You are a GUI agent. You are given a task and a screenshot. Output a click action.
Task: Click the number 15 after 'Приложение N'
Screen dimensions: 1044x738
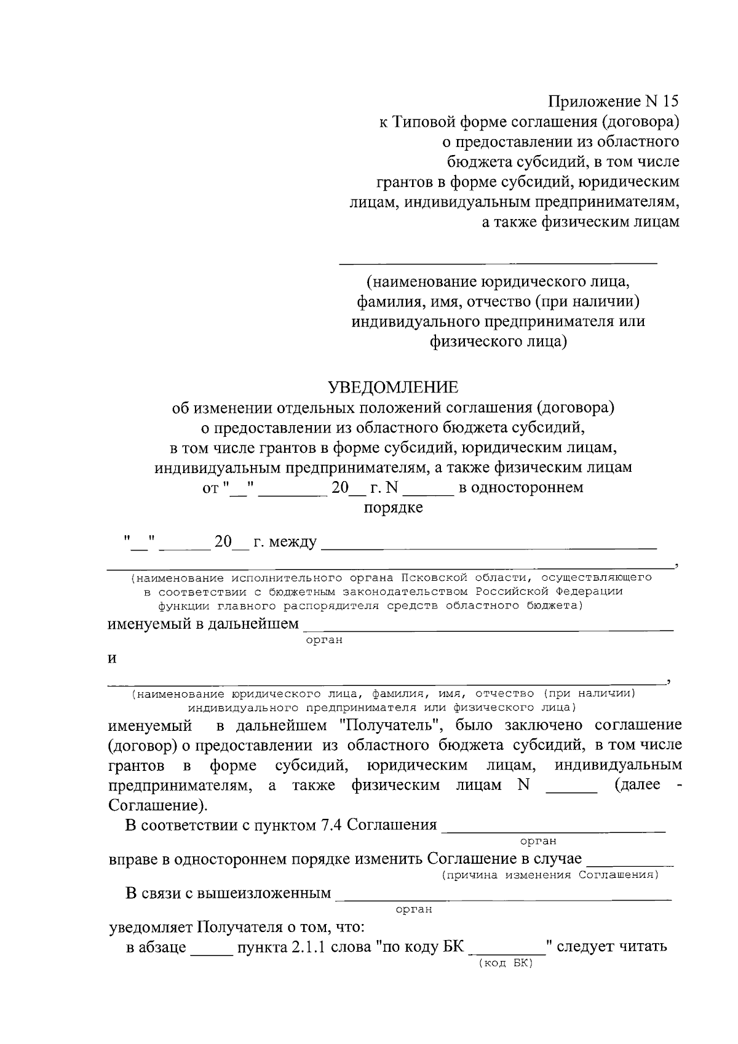tap(670, 102)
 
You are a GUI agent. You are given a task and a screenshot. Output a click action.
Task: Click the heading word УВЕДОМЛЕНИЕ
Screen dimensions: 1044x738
tap(393, 387)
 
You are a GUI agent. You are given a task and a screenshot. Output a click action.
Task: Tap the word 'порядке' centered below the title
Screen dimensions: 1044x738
tap(393, 508)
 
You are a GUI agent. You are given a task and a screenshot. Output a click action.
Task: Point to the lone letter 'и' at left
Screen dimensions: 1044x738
tap(113, 658)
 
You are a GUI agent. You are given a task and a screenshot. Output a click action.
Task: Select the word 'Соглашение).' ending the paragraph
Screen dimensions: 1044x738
tap(158, 805)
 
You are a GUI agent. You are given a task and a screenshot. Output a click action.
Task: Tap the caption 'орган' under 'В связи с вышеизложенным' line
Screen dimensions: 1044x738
tap(413, 909)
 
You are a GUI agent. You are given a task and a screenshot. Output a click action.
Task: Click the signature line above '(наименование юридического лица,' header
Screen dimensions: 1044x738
tap(499, 263)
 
